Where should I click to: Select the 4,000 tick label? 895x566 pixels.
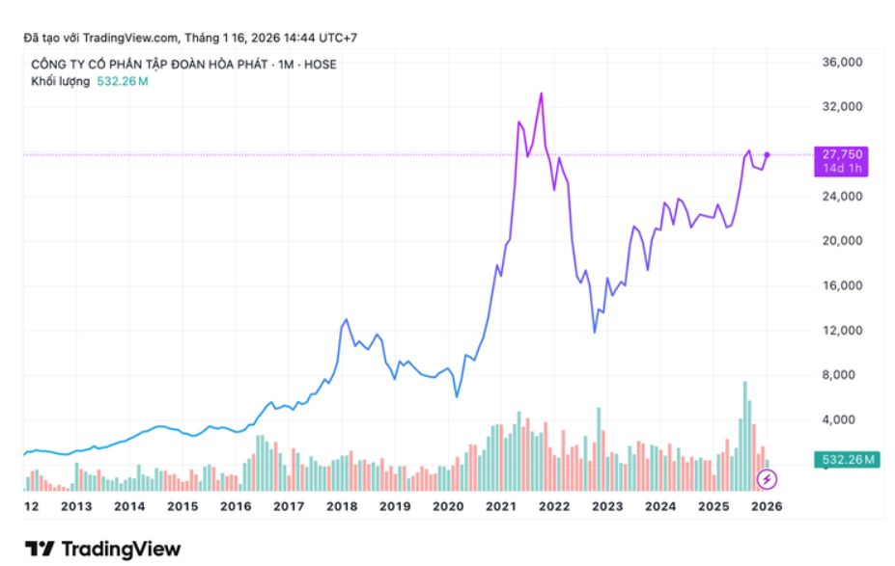838,420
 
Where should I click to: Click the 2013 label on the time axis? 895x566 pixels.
76,506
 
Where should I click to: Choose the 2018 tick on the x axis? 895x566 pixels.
342,506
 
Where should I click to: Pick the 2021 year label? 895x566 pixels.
500,506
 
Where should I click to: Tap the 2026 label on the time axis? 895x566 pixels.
767,506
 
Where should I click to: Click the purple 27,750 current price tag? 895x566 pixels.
842,154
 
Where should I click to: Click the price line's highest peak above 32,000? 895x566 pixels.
542,94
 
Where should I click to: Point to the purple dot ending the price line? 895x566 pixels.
767,154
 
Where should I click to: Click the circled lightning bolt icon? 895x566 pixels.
767,478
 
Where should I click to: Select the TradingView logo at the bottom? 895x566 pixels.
103,549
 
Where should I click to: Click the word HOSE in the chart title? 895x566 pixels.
321,65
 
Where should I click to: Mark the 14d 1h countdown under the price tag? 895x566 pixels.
842,169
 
